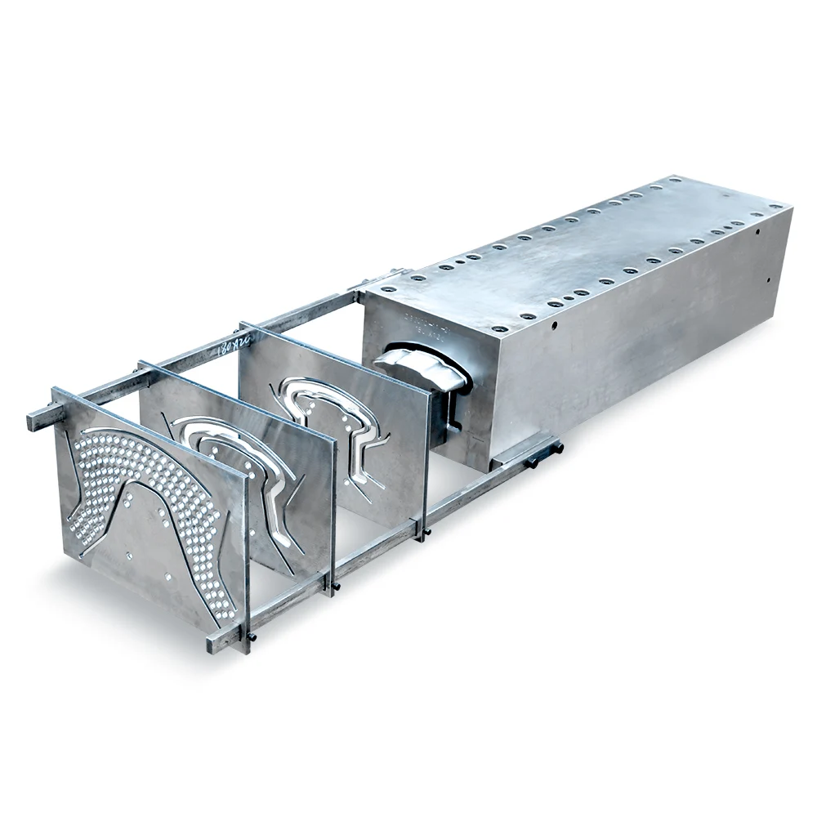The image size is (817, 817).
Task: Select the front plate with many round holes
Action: pyautogui.click(x=147, y=507)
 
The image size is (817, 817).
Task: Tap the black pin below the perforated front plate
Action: pyautogui.click(x=251, y=636)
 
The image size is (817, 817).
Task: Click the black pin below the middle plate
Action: pyautogui.click(x=337, y=586)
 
